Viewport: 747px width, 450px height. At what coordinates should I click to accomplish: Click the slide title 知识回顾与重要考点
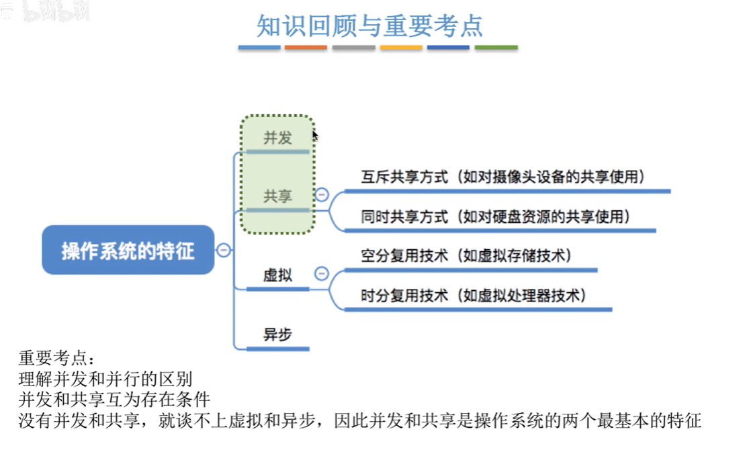[x=370, y=26]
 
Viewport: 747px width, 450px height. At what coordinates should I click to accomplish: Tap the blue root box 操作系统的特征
[x=128, y=251]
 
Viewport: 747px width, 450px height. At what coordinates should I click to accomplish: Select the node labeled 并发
[x=277, y=138]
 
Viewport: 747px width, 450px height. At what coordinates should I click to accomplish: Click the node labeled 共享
[x=277, y=196]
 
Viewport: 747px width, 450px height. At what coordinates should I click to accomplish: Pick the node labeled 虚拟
[x=277, y=275]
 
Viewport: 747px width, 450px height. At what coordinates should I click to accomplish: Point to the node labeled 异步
[x=277, y=334]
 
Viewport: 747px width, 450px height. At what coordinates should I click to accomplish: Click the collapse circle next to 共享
[x=322, y=195]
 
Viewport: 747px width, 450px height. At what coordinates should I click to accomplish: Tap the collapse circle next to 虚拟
[x=322, y=273]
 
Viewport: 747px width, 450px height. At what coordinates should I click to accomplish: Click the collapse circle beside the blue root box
[x=224, y=251]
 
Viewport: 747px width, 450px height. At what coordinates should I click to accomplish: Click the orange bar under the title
[x=306, y=48]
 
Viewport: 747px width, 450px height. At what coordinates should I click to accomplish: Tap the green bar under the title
[x=496, y=48]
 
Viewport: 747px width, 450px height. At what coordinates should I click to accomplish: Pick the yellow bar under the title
[x=401, y=48]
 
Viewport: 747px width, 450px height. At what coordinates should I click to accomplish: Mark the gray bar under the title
[x=353, y=48]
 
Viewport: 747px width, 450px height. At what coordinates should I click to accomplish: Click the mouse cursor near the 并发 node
[x=315, y=135]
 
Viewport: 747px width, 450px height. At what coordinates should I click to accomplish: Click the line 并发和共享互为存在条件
[x=114, y=400]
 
